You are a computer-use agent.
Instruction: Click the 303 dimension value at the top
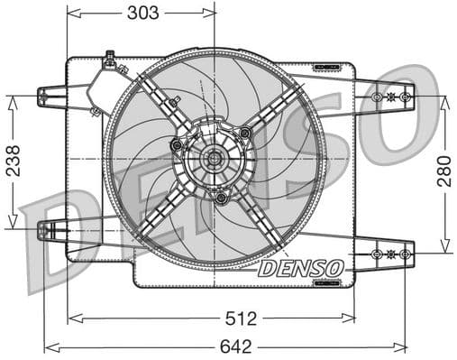142,13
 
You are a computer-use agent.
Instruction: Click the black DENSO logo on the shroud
300,268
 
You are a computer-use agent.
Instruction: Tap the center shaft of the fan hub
215,161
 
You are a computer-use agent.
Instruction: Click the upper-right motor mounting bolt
244,134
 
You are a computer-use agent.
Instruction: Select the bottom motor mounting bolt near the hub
221,197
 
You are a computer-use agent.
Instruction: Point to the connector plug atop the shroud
110,60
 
